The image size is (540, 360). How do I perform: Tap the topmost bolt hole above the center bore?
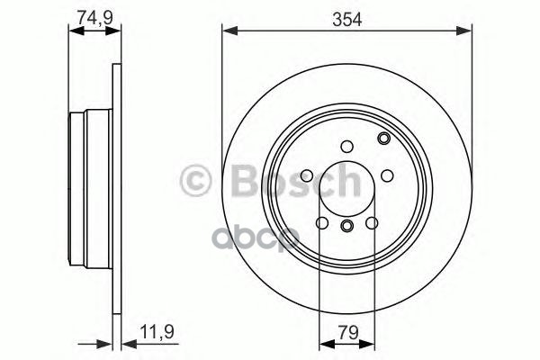tap(346, 147)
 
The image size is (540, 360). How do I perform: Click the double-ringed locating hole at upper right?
tap(383, 139)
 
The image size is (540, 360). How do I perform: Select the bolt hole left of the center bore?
tap(307, 175)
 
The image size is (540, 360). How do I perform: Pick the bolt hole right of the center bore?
tap(386, 175)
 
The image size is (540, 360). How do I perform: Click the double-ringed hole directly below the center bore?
tap(346, 225)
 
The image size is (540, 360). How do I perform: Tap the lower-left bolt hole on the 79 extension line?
tap(321, 222)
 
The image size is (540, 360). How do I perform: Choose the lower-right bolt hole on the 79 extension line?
tap(372, 222)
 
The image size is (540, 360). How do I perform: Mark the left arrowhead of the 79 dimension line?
tap(325, 342)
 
